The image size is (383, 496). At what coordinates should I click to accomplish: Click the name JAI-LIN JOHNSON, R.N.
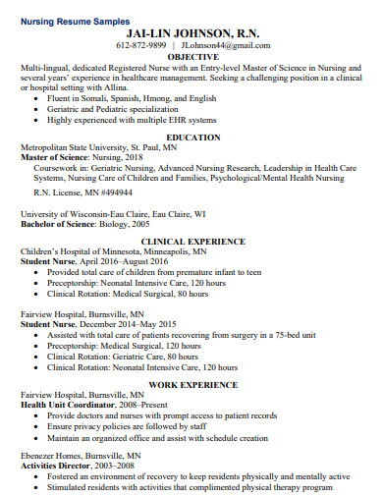192,31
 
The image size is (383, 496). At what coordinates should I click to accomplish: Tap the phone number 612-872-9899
142,45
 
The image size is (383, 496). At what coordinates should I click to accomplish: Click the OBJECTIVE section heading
192,56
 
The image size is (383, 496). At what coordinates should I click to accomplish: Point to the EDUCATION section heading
192,137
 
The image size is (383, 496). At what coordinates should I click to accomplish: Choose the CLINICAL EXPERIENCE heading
192,240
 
